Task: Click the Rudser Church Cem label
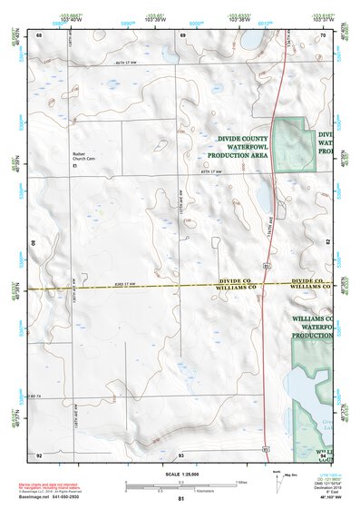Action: (x=84, y=157)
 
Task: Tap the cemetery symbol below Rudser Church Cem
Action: (x=75, y=167)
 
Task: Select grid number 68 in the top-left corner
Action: (x=39, y=34)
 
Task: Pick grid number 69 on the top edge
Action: (x=182, y=34)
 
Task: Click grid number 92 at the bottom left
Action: (x=39, y=454)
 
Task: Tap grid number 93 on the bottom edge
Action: (x=181, y=454)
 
